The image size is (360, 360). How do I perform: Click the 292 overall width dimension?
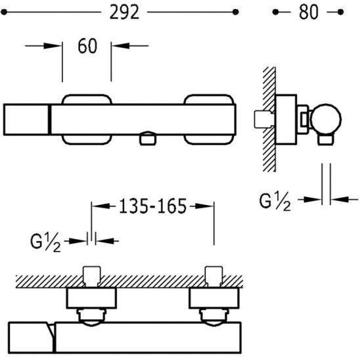tap(124, 12)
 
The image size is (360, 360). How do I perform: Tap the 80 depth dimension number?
tap(309, 12)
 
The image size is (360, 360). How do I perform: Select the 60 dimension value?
tap(87, 46)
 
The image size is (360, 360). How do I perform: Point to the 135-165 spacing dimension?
tap(152, 206)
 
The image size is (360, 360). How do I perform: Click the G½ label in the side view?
tap(275, 202)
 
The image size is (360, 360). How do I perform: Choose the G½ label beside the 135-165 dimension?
tap(45, 242)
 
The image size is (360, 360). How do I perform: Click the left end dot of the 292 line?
tap(4, 12)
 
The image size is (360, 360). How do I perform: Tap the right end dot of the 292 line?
tap(236, 12)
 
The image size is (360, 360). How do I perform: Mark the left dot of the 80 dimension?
tap(275, 12)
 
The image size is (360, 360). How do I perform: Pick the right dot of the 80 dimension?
tap(341, 12)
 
